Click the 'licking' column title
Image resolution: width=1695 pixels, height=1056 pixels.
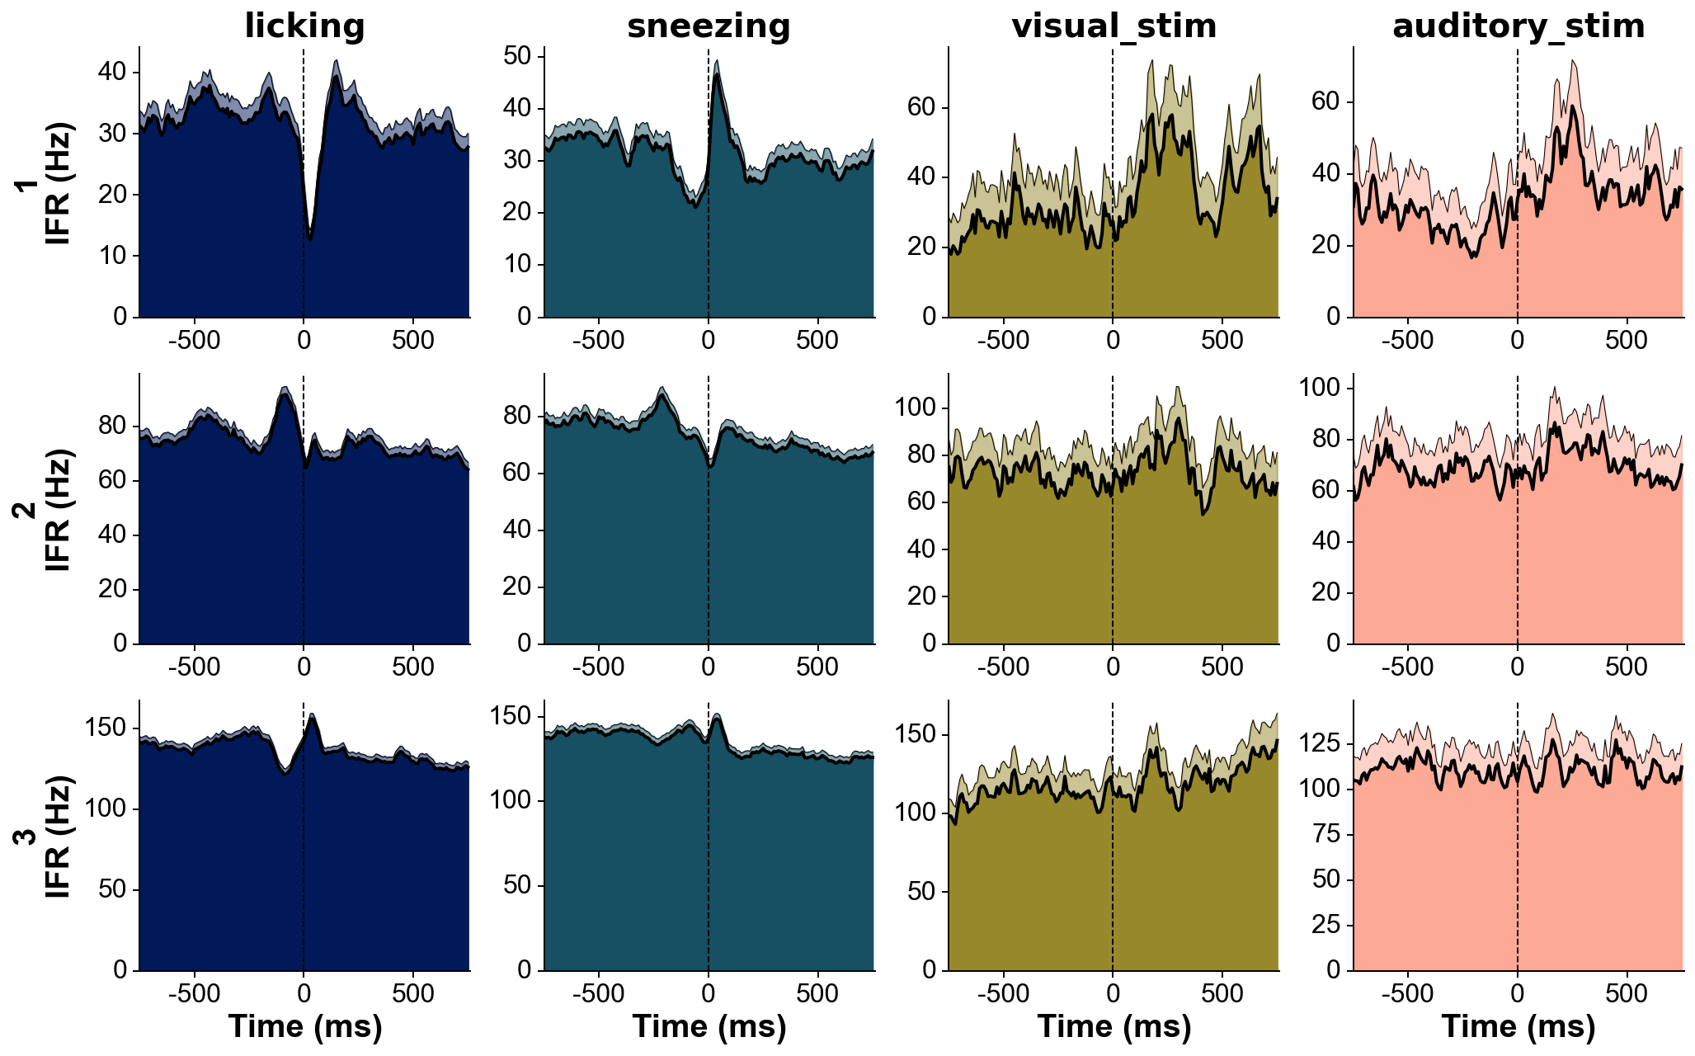(x=304, y=26)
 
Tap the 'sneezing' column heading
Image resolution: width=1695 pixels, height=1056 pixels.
(x=709, y=26)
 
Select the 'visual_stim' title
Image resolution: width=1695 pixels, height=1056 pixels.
(x=1114, y=26)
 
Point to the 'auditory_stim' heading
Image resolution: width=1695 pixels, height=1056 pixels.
(x=1518, y=26)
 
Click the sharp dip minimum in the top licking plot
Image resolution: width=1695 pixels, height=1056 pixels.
(x=309, y=239)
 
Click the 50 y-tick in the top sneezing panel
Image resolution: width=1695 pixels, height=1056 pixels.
(x=519, y=56)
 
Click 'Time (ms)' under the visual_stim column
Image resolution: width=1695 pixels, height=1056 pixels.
(x=1114, y=1026)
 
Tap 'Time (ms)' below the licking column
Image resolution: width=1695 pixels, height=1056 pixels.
(x=304, y=1026)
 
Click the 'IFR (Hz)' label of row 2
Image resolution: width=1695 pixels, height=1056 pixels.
(x=58, y=510)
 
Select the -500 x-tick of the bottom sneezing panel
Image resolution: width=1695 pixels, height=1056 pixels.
(x=598, y=994)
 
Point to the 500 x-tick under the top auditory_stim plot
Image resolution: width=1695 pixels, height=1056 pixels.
(x=1627, y=340)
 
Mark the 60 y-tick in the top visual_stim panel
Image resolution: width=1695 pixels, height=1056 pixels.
(x=923, y=107)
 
